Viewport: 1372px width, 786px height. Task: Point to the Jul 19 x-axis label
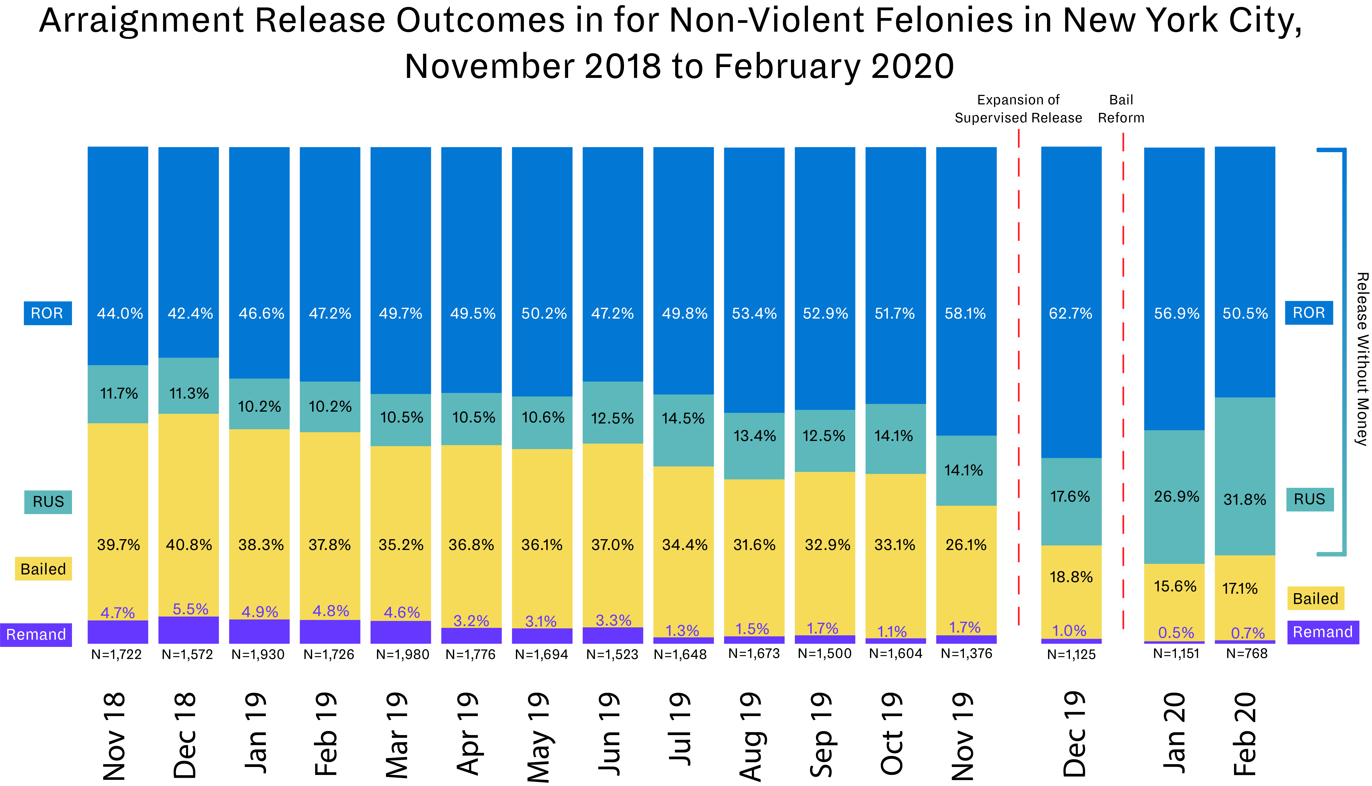[x=680, y=729]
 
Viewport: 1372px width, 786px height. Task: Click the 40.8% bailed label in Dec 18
[x=189, y=545]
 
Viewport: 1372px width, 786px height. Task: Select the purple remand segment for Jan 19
[x=259, y=632]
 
